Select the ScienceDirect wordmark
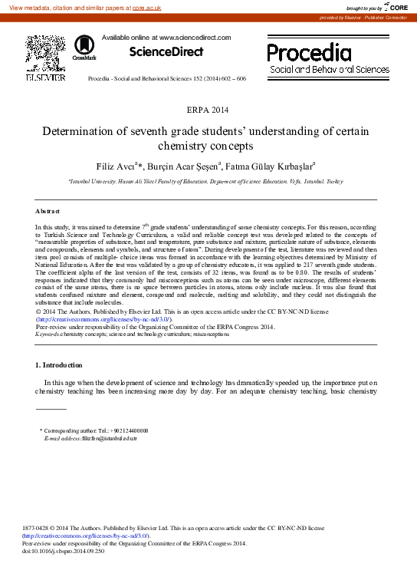coord(166,52)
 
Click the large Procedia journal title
coord(309,52)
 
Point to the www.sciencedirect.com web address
coord(195,37)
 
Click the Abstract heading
coord(48,210)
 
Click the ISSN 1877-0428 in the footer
coord(38,529)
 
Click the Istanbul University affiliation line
coord(206,183)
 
